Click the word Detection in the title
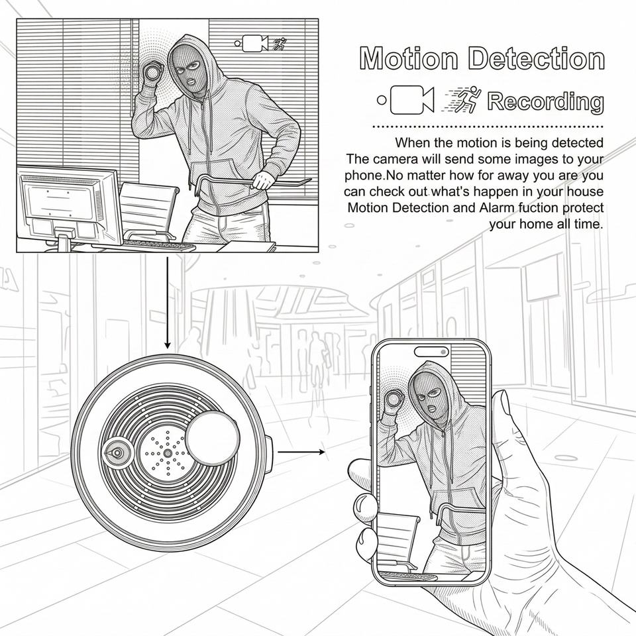[535, 59]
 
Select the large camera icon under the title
[411, 100]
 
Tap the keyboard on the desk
[159, 245]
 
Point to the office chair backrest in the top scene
[148, 206]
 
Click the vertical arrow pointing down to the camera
[167, 301]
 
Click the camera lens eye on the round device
[116, 454]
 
